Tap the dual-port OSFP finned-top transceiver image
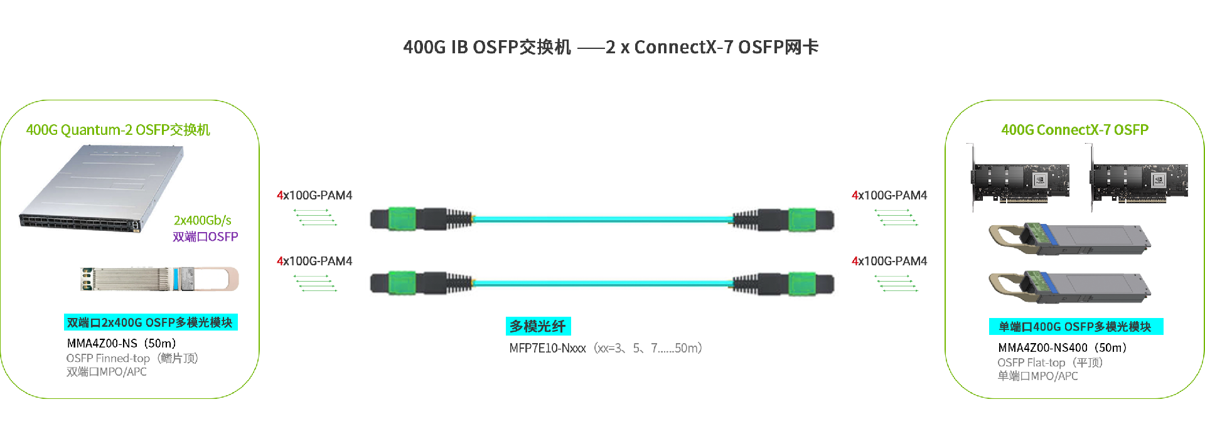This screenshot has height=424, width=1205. point(159,279)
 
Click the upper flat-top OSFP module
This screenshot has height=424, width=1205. point(1069,238)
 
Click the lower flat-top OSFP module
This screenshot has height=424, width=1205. point(1069,287)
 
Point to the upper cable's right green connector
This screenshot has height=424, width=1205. point(802,219)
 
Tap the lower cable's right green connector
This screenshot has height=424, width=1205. point(802,283)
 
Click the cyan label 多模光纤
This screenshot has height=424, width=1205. point(538,326)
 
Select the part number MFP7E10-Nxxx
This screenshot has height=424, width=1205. point(547,348)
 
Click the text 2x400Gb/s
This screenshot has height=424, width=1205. point(202,220)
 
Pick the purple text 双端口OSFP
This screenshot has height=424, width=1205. point(205,236)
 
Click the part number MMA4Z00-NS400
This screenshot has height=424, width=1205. point(1042,347)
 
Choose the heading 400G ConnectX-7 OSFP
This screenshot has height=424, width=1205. point(1074,130)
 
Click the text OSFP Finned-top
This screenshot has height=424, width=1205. point(108,358)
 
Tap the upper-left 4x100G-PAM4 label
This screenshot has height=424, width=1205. point(314,195)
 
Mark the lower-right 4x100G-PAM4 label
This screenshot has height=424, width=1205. point(889,261)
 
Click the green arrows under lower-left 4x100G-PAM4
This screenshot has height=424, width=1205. point(315,284)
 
